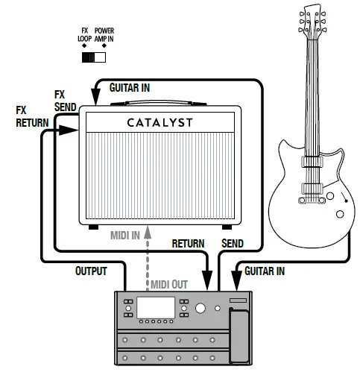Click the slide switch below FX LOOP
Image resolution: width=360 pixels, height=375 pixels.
(94, 57)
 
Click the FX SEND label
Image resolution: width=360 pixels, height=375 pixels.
(66, 101)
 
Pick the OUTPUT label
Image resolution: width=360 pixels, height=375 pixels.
(92, 271)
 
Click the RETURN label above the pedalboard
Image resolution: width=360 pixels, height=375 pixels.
(189, 244)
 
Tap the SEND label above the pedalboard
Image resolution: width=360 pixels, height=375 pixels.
(233, 244)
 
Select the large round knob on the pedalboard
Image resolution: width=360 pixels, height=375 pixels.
(199, 310)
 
